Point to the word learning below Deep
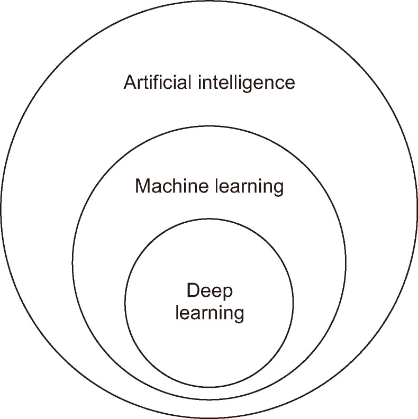(210, 312)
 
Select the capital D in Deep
(192, 290)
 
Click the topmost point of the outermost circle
(209, 2)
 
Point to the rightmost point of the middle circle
(346, 262)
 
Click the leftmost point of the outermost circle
(1, 210)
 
